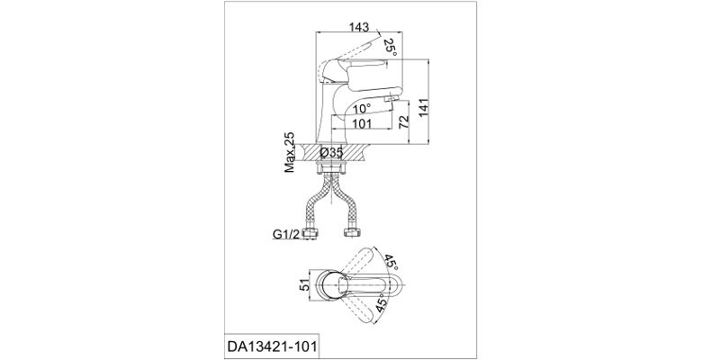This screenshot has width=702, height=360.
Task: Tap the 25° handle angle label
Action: point(390,48)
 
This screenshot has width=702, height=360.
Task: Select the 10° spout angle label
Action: point(361,108)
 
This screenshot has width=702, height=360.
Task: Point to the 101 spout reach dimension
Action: point(362,123)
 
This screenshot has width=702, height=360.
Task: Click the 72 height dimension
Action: point(404,121)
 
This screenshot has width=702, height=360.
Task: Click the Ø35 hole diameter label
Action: point(331,153)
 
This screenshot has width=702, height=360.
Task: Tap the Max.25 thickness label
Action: point(290,152)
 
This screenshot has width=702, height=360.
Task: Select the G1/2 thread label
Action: point(285,234)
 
